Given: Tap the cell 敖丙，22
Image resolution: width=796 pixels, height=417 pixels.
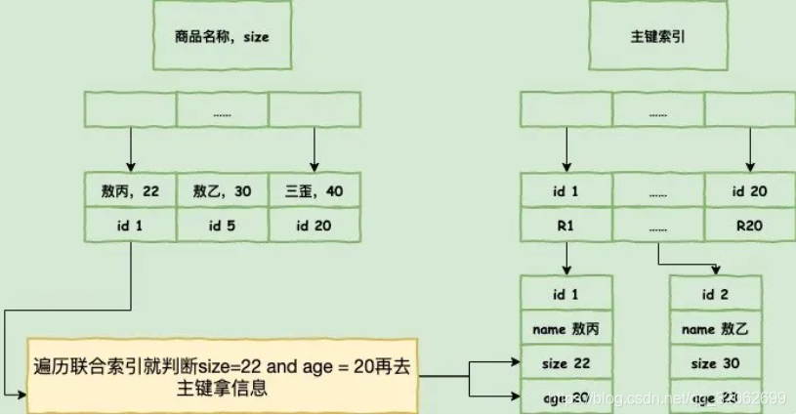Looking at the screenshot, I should pyautogui.click(x=131, y=191).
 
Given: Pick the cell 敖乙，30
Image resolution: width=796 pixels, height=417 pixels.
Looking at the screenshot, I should pyautogui.click(x=222, y=191).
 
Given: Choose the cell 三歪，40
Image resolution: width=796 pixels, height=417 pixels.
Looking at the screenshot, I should pyautogui.click(x=314, y=191).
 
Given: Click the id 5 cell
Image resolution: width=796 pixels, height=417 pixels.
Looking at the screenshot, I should pyautogui.click(x=222, y=227).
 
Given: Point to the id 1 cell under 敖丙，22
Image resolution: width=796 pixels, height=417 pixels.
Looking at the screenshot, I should pyautogui.click(x=131, y=227).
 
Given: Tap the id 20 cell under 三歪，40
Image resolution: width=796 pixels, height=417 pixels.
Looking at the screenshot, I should pyautogui.click(x=314, y=227).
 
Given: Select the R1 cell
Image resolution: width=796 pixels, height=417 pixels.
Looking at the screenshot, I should pyautogui.click(x=566, y=227).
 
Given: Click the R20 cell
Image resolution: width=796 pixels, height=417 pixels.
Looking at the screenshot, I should pyautogui.click(x=750, y=227).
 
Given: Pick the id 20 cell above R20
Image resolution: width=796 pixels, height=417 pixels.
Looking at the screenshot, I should pyautogui.click(x=750, y=191).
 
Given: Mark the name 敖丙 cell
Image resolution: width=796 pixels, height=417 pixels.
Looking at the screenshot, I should pyautogui.click(x=566, y=329).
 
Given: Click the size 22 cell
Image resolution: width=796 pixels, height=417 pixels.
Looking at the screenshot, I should pyautogui.click(x=566, y=363).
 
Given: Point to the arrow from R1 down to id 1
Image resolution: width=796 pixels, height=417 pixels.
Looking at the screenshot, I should pyautogui.click(x=566, y=259).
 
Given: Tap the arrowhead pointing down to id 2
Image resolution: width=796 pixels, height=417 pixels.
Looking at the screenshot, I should pyautogui.click(x=719, y=271).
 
